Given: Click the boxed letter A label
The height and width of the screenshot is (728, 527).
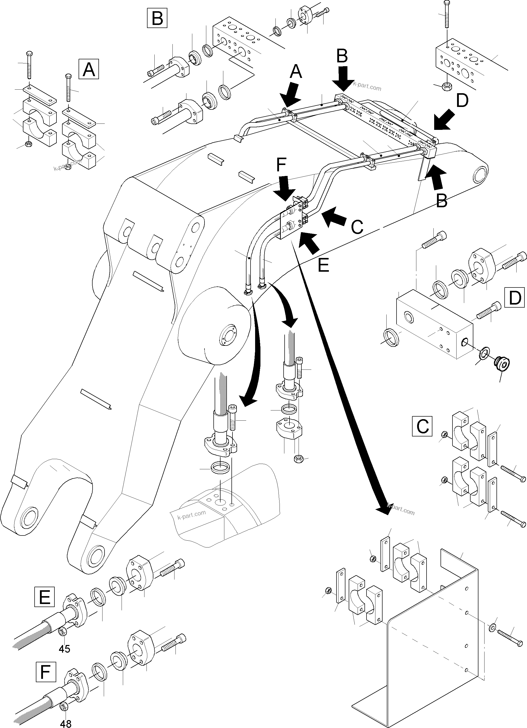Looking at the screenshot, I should (x=89, y=69).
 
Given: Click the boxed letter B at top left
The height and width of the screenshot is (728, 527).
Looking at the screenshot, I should (x=157, y=18).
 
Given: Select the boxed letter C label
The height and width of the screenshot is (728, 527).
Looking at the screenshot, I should (x=422, y=426).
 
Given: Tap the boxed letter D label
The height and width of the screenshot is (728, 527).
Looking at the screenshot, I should (x=515, y=298).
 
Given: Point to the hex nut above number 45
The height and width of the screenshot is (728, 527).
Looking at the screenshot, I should (x=63, y=631).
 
